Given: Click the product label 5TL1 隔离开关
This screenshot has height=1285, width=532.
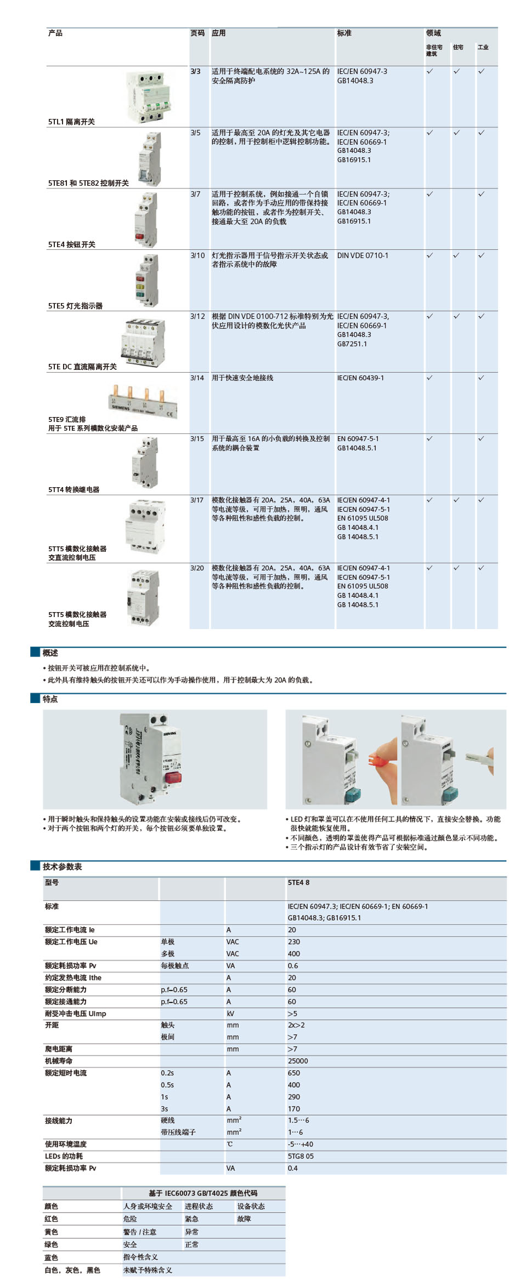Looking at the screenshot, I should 71,122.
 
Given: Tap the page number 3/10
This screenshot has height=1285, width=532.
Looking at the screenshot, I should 197,255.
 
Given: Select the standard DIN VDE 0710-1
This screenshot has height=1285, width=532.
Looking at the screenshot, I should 363,255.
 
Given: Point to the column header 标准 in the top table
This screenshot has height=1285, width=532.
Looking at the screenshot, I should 344,33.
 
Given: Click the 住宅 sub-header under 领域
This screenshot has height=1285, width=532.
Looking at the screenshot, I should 458,48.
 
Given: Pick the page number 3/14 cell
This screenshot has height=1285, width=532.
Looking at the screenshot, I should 197,378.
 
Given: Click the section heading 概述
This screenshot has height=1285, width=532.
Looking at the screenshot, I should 50,653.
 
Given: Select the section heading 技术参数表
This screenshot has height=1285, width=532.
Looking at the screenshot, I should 63,866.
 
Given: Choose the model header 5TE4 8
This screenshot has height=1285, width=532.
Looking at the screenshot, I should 298,882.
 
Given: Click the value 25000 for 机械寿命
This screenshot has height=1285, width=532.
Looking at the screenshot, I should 298,1061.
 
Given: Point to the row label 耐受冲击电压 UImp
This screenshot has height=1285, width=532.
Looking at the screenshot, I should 76,1013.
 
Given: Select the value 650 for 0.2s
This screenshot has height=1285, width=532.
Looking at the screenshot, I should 294,1073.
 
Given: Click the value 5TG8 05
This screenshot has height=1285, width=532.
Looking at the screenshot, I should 301,1156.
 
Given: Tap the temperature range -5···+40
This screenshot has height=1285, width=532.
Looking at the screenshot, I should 301,1144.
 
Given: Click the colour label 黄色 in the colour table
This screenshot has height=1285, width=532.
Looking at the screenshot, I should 51,1232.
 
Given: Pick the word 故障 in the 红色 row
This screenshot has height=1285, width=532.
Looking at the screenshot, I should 244,1219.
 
